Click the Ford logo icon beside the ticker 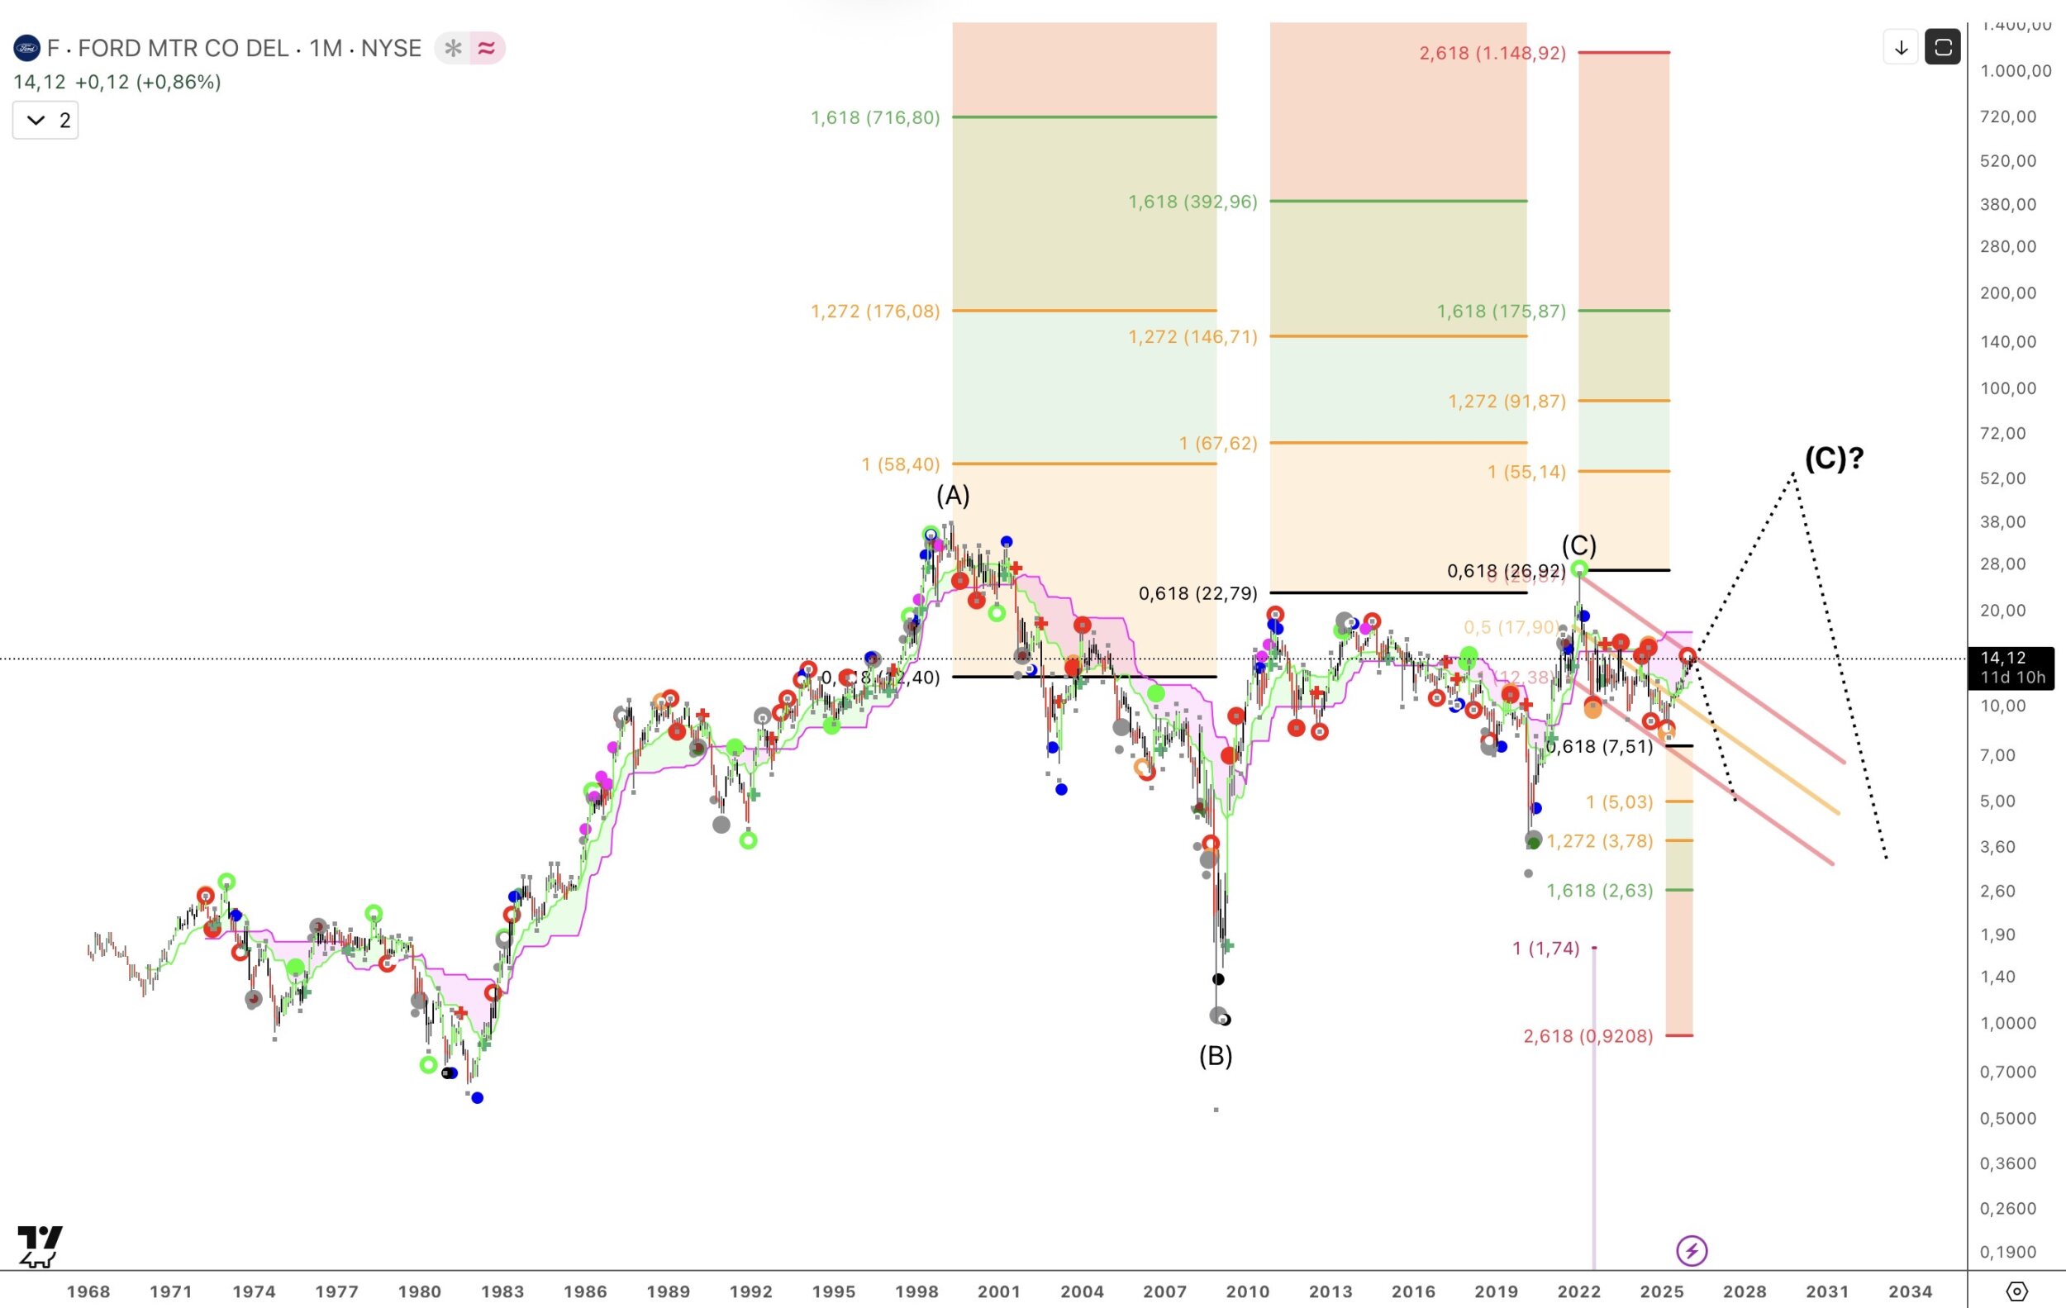click(26, 48)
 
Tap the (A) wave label click(952, 496)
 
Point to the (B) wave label click(1215, 1056)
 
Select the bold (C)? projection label click(1834, 458)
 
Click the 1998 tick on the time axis click(916, 1291)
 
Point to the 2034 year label click(1910, 1291)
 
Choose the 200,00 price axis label click(2007, 293)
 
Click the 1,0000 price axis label click(2007, 1023)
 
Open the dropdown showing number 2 click(45, 120)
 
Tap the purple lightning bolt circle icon click(1691, 1250)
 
